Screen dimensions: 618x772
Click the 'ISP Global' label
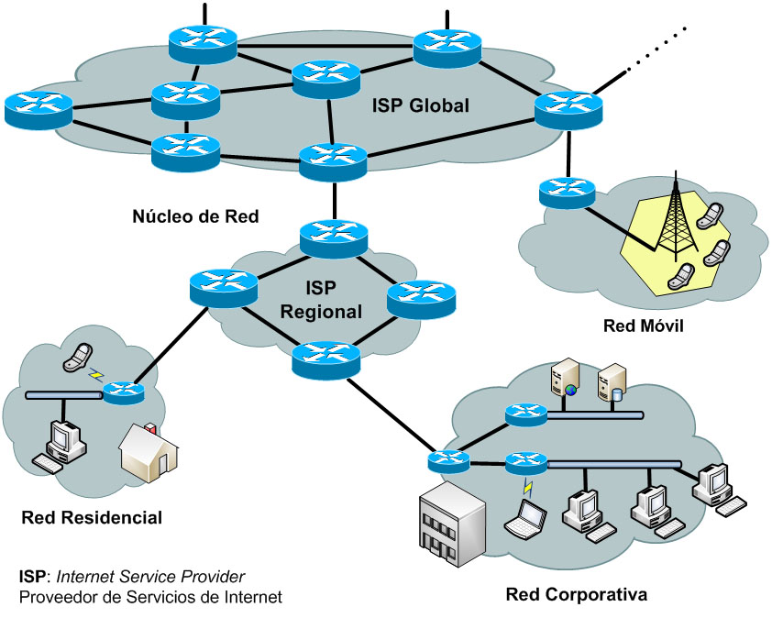(421, 106)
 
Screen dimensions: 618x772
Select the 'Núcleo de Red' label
(196, 217)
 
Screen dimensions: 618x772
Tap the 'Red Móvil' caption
(644, 326)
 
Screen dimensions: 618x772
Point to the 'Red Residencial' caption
(92, 518)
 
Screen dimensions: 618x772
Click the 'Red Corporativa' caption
(577, 594)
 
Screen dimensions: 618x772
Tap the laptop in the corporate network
(528, 518)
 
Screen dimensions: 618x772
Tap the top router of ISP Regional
(334, 237)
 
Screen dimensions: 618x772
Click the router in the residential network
(124, 393)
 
